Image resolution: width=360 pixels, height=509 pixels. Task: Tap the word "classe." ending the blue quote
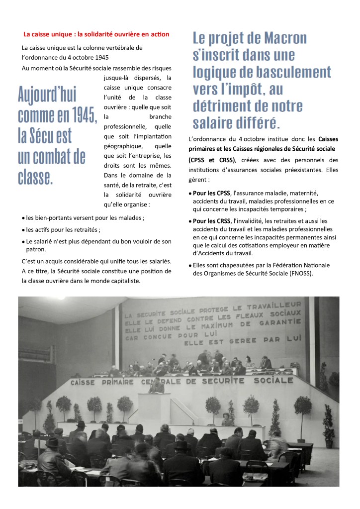coord(35,178)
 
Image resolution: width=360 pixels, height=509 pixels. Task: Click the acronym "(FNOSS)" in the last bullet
coord(300,273)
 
